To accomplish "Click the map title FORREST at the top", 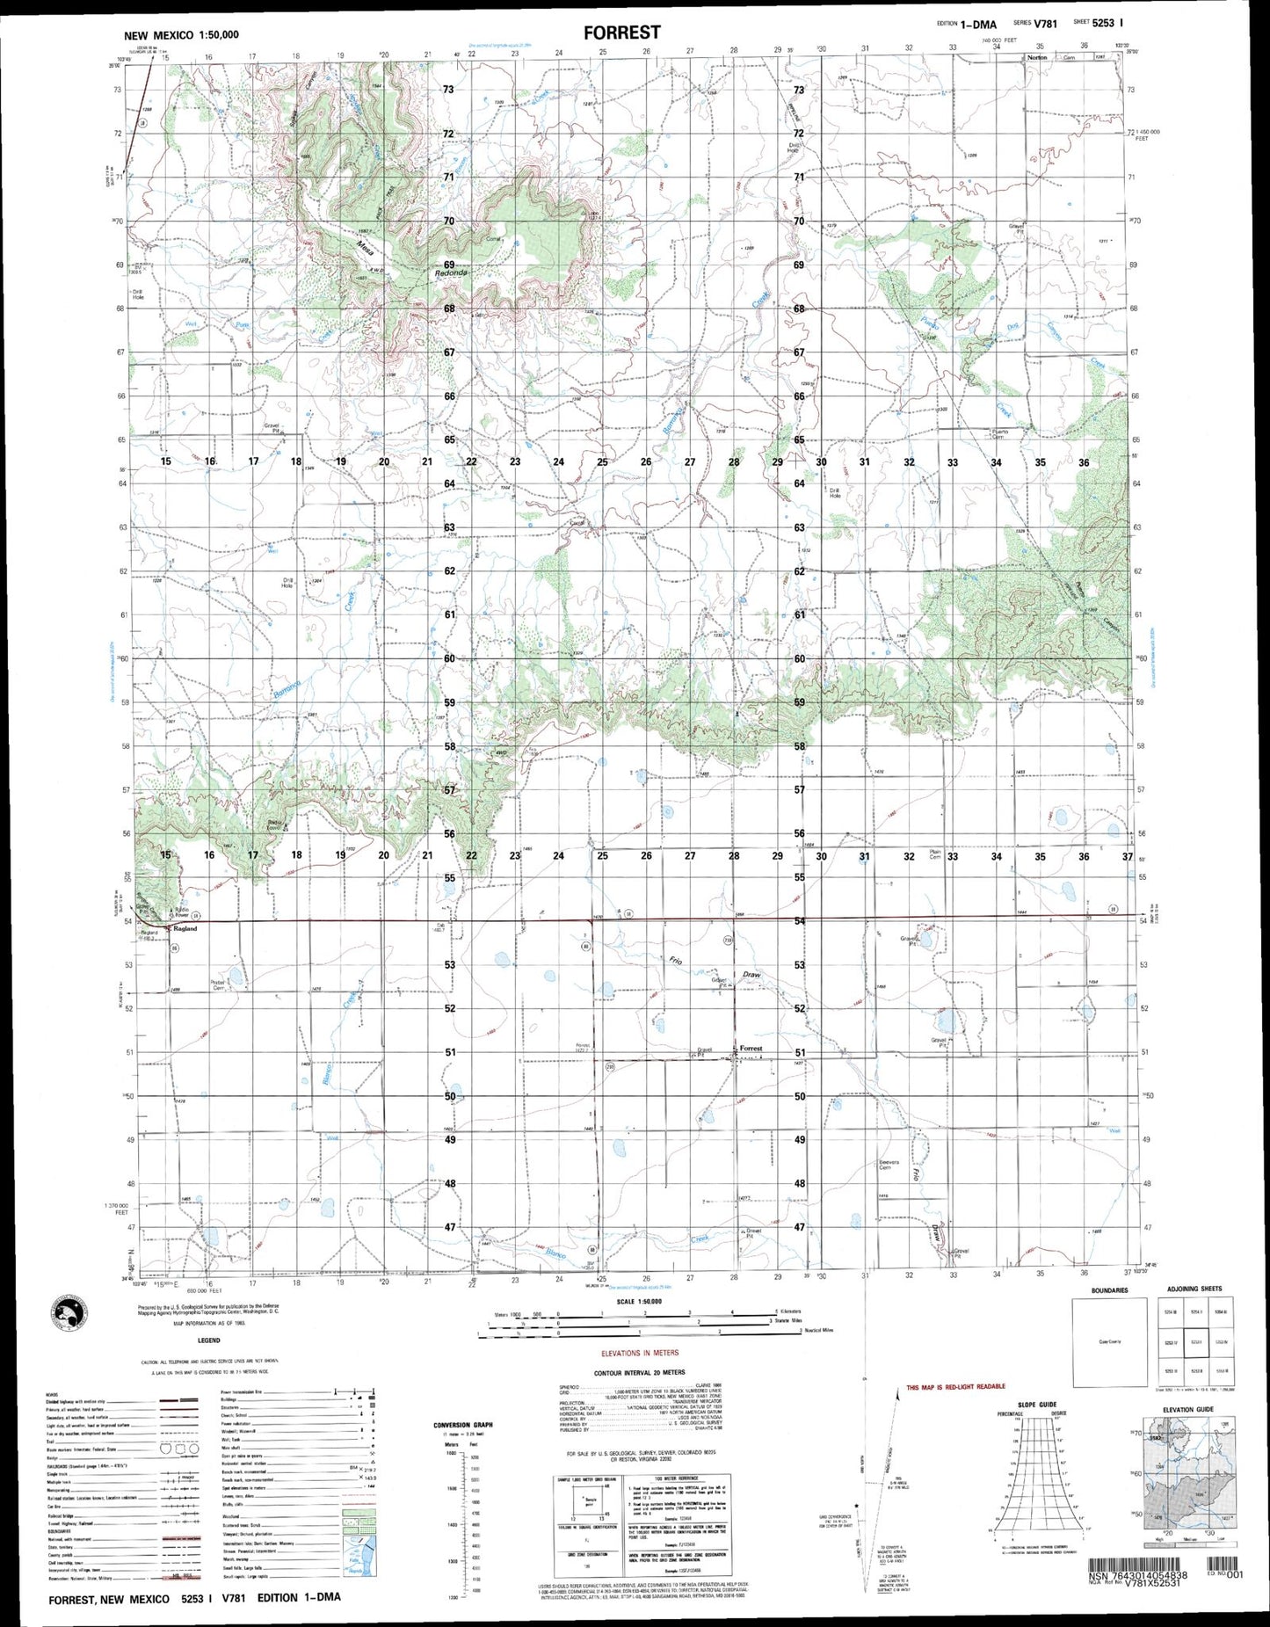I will point(621,33).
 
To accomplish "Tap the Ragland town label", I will point(185,928).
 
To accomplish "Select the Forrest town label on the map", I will point(751,1048).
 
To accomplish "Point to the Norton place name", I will point(1037,57).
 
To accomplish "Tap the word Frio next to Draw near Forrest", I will point(677,960).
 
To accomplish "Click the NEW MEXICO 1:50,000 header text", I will point(181,36).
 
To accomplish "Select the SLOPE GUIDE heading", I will point(1037,1405).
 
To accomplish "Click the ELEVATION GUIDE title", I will point(1187,1410).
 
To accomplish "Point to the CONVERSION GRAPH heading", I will point(463,1425).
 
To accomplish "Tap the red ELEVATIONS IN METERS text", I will point(639,1353).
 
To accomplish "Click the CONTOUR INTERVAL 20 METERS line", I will point(639,1372).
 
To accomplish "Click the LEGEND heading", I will point(209,1340).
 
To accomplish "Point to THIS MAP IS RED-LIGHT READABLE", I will point(956,1387).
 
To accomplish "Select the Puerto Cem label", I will point(1000,434).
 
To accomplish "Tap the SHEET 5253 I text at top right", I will point(1098,24).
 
